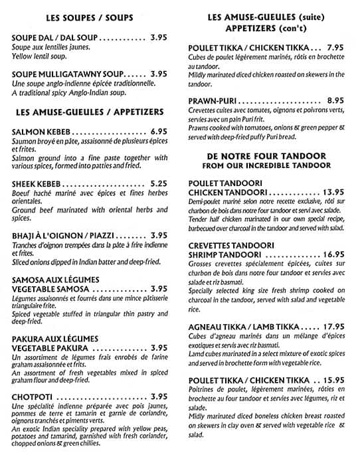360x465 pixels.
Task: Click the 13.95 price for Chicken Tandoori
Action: click(330, 192)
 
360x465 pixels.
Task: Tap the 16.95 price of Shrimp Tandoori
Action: click(330, 254)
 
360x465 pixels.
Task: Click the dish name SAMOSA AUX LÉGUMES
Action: click(55, 279)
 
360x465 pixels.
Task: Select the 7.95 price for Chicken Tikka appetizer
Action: click(335, 48)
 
